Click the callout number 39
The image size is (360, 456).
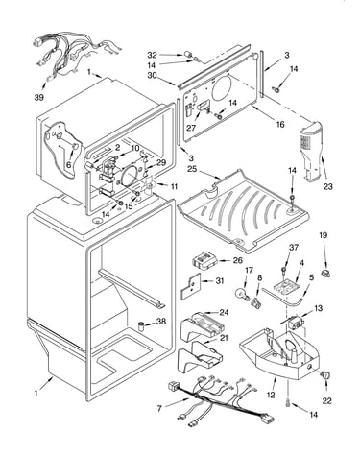[39, 98]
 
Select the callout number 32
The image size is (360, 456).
[152, 55]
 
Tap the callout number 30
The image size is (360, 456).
[152, 75]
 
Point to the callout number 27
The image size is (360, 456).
[191, 128]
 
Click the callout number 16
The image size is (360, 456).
[280, 124]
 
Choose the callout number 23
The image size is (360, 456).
[328, 186]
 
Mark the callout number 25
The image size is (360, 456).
[192, 168]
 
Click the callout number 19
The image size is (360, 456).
[324, 235]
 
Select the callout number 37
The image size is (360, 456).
[294, 247]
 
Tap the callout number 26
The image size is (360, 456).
[237, 260]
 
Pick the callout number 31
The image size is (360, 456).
[220, 281]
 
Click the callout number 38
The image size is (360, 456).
[161, 321]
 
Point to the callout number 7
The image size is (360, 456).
[159, 408]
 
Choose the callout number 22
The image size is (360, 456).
[326, 400]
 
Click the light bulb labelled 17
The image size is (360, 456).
[242, 294]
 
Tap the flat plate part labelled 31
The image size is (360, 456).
[190, 286]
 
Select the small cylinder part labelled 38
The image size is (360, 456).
[141, 327]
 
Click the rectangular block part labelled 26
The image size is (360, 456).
[204, 260]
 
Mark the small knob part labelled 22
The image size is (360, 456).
[325, 375]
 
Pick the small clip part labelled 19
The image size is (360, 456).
[326, 273]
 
